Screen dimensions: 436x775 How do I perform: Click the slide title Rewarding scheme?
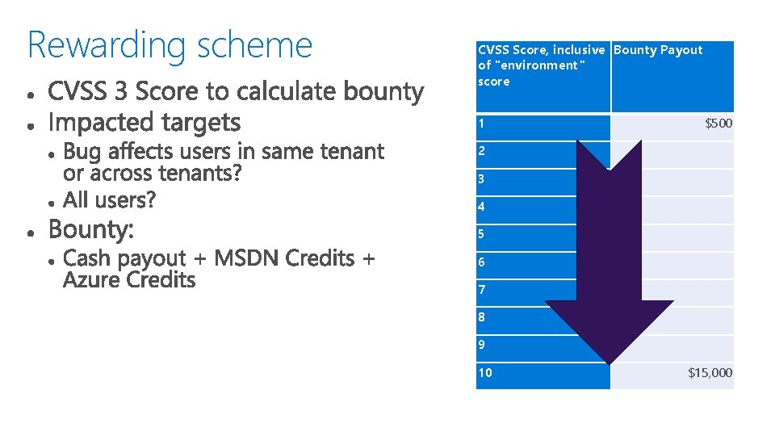point(170,45)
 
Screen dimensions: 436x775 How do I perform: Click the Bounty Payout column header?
point(658,50)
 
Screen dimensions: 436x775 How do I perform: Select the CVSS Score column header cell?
point(541,65)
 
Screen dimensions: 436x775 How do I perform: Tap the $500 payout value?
point(718,124)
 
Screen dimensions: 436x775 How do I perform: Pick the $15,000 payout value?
point(710,372)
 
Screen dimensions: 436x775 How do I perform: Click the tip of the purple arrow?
point(610,360)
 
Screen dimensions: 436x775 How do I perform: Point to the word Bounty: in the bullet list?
point(91,230)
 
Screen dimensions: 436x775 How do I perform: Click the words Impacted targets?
point(145,123)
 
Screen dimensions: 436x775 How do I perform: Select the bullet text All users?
point(110,199)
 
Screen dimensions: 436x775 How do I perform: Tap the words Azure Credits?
point(129,280)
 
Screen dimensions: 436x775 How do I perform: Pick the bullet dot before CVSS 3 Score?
point(30,94)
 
